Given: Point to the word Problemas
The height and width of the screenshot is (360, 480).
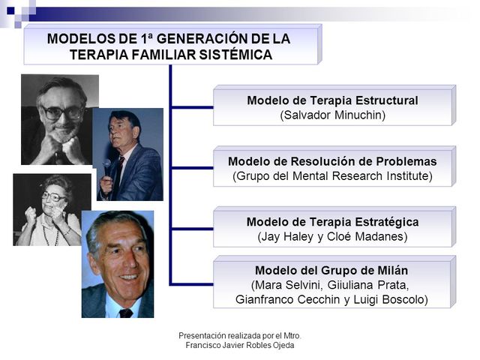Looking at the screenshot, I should pyautogui.click(x=405, y=161).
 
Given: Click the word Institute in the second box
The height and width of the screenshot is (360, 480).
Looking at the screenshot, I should pyautogui.click(x=408, y=176).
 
